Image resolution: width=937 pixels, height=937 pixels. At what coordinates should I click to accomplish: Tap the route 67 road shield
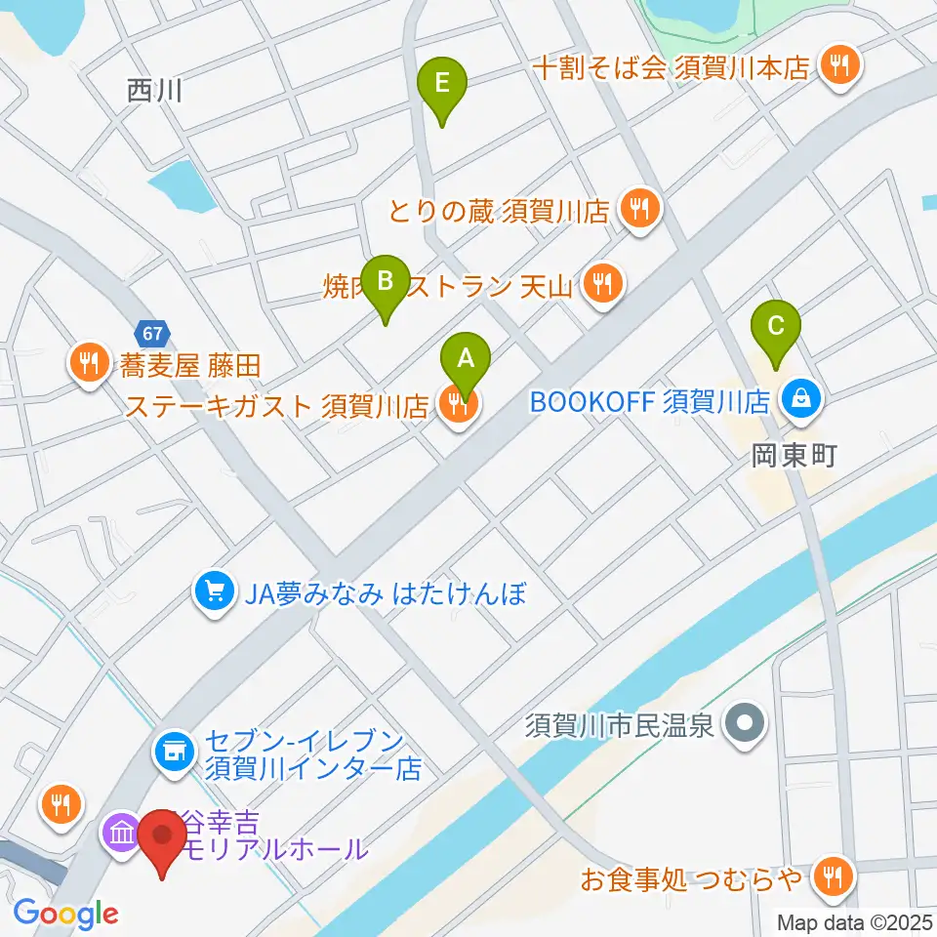click(150, 334)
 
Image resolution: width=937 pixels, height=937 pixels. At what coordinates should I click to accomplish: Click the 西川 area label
click(155, 92)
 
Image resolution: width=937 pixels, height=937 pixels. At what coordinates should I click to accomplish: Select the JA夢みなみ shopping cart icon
click(214, 592)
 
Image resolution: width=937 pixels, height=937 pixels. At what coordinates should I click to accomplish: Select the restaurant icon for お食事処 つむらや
click(833, 876)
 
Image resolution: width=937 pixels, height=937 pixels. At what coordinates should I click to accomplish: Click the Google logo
click(65, 915)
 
